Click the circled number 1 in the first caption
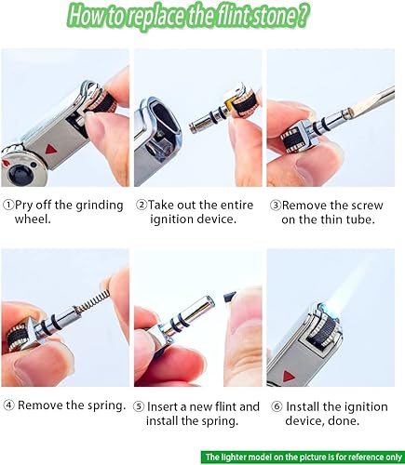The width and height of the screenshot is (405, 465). (x=8, y=204)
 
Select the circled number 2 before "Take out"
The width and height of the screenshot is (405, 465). (x=142, y=204)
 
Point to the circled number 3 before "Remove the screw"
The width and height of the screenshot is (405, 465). (x=276, y=204)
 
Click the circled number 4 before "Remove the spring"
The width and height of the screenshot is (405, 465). (x=8, y=406)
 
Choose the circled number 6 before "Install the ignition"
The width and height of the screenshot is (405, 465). (x=276, y=406)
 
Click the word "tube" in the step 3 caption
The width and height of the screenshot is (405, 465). (x=363, y=220)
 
